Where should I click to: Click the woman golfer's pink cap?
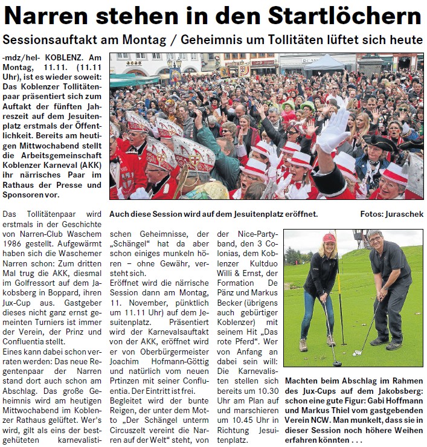coord(329,238)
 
